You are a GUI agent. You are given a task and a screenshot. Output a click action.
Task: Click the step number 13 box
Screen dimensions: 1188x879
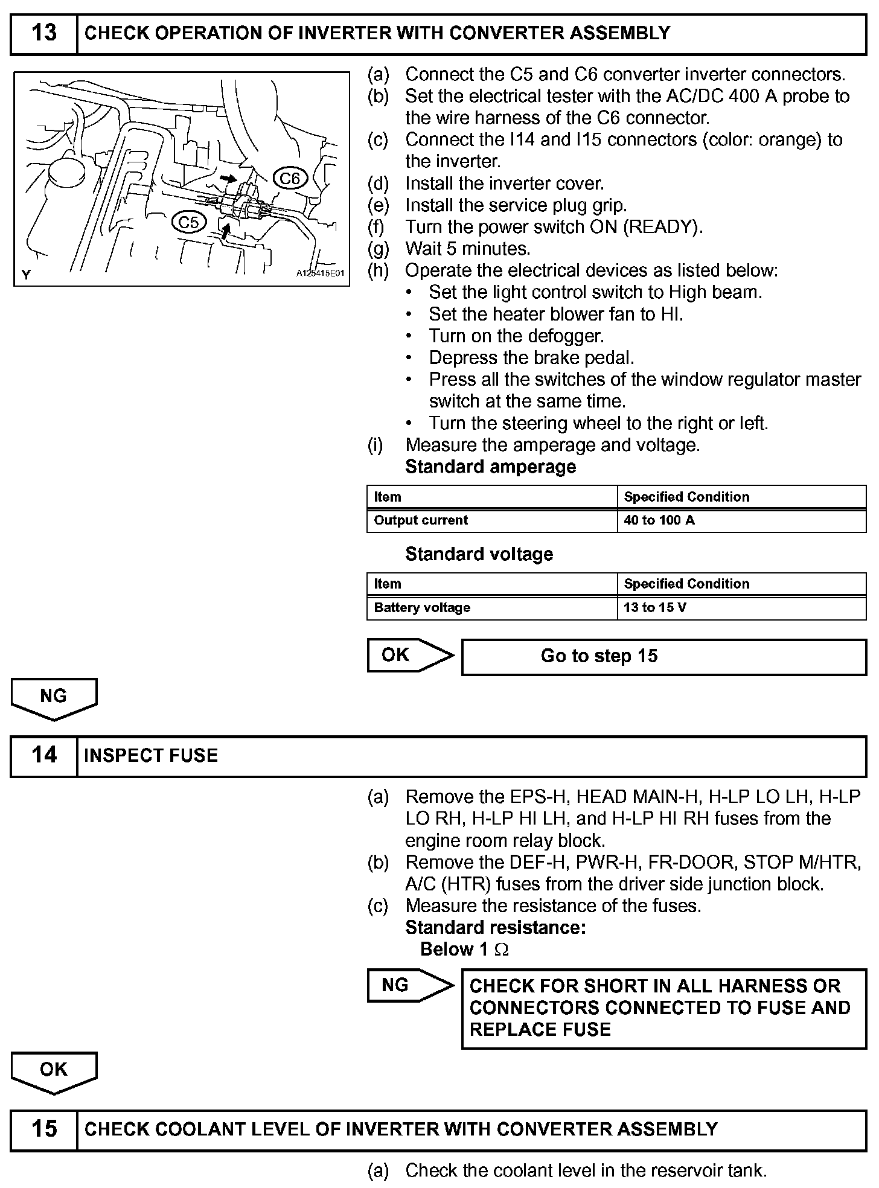44,34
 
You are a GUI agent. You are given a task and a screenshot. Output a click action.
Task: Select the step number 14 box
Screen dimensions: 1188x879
44,756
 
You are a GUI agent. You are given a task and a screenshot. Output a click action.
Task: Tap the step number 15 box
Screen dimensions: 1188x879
44,1129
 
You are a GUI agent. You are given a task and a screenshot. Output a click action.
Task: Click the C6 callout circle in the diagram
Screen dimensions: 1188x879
290,178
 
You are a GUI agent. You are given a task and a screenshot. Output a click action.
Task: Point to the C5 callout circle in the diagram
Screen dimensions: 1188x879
188,222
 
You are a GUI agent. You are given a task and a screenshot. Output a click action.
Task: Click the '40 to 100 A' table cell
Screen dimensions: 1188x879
741,520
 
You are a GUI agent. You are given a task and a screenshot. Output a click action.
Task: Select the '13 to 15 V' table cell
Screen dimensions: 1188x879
741,607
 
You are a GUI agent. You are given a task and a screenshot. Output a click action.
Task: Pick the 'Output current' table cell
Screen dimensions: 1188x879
491,520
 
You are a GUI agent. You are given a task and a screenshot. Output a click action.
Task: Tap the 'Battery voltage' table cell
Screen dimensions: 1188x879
491,607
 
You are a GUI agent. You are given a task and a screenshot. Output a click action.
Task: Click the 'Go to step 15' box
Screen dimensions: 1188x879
663,656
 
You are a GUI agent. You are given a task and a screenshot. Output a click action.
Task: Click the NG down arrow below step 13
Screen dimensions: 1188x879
54,698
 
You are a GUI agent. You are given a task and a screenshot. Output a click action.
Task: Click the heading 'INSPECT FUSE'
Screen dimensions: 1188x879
151,756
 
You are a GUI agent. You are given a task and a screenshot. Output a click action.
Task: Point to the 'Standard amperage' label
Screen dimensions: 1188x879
490,467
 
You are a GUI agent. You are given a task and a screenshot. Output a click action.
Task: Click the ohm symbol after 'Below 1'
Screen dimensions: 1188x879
502,950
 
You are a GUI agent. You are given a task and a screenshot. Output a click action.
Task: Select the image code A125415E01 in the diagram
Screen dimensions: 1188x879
320,273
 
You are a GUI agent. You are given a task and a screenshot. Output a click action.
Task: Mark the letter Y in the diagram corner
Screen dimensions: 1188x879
26,275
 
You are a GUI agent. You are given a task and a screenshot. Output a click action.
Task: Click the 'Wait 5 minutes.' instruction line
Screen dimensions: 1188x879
467,249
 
